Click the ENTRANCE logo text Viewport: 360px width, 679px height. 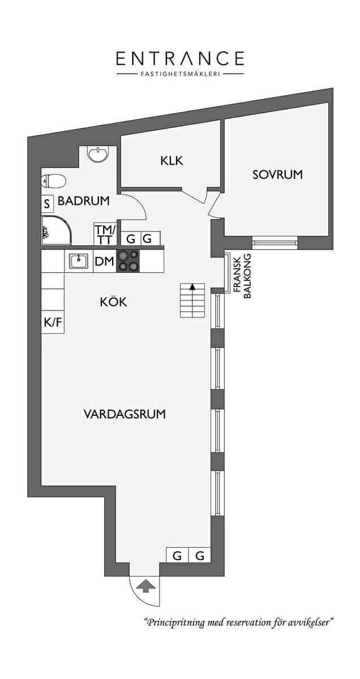pyautogui.click(x=180, y=58)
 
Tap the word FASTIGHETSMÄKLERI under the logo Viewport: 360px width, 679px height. pyautogui.click(x=180, y=74)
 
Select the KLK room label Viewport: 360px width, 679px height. pyautogui.click(x=172, y=161)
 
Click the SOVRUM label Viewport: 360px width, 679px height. pyautogui.click(x=277, y=175)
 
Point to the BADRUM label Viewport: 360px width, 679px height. pyautogui.click(x=83, y=201)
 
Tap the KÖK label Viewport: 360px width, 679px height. pyautogui.click(x=113, y=302)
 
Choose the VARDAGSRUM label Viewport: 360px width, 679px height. pyautogui.click(x=125, y=414)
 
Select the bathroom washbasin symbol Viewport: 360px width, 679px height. pyautogui.click(x=97, y=154)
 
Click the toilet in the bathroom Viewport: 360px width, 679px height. pyautogui.click(x=53, y=182)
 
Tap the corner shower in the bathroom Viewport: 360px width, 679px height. pyautogui.click(x=57, y=230)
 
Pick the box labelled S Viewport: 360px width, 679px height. pyautogui.click(x=48, y=204)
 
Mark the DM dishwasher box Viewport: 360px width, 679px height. pyautogui.click(x=105, y=261)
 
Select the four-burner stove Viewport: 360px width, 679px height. pyautogui.click(x=128, y=261)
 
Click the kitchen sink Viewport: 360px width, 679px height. pyautogui.click(x=79, y=261)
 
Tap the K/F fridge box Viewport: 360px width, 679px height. pyautogui.click(x=53, y=322)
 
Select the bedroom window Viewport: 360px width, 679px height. pyautogui.click(x=275, y=242)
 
